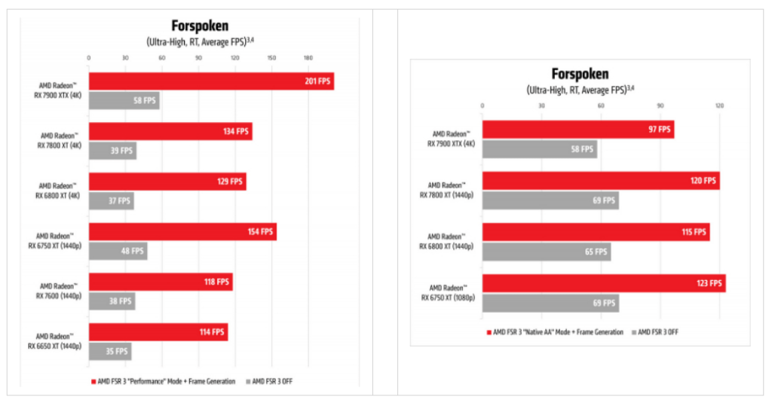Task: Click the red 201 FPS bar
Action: pos(211,81)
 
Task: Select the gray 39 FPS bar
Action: pos(112,151)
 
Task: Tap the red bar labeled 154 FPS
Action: pos(182,232)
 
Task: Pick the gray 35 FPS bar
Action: pos(110,351)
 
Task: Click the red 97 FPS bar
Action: pos(577,130)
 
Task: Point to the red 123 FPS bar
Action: pos(603,284)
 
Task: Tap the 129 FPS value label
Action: pos(231,182)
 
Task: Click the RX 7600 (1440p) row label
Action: pos(59,291)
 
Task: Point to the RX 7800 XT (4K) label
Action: pos(60,140)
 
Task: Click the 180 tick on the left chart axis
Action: pos(308,58)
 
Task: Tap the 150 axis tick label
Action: pos(271,58)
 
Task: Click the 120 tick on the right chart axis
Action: pos(718,105)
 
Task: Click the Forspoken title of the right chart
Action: pos(579,74)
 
